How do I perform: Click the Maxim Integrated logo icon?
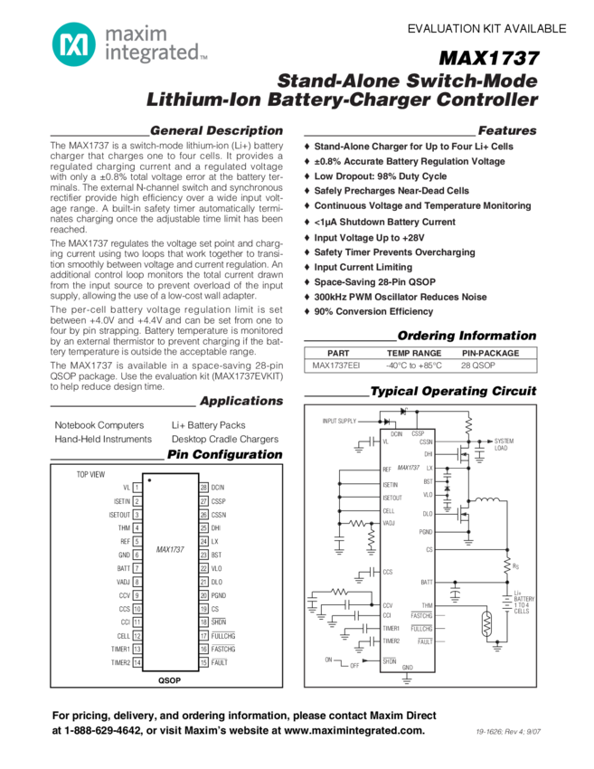(x=72, y=44)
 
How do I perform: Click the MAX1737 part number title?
(x=488, y=59)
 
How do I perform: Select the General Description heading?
(x=216, y=130)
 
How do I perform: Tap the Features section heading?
(x=506, y=130)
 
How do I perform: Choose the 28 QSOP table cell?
(x=478, y=366)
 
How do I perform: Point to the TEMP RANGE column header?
(x=414, y=353)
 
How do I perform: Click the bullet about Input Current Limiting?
(x=363, y=267)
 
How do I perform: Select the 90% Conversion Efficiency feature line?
(x=373, y=311)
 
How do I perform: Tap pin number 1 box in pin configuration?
(x=137, y=487)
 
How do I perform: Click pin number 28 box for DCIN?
(x=203, y=487)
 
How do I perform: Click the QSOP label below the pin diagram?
(x=170, y=679)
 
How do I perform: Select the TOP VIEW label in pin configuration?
(x=90, y=474)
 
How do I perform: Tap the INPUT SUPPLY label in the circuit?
(x=339, y=421)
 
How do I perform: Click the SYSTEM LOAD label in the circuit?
(x=504, y=444)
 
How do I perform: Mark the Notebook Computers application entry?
(x=99, y=424)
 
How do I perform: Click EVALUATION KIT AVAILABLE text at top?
(x=486, y=29)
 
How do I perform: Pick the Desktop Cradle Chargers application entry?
(x=225, y=439)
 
